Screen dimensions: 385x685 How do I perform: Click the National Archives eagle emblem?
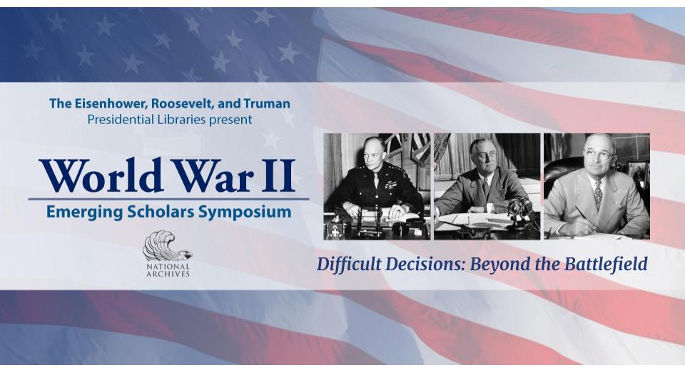168,246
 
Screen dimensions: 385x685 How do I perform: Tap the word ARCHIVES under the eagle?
168,274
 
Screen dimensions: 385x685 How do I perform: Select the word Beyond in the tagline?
497,264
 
